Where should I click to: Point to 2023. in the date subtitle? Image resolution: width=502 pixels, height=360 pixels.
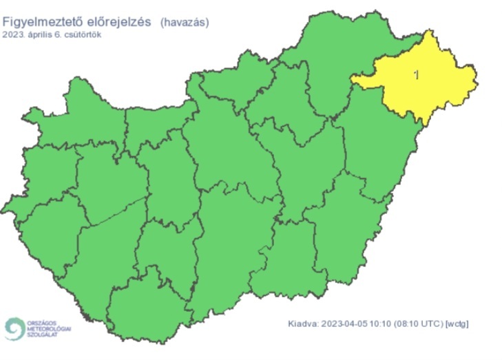pyautogui.click(x=14, y=34)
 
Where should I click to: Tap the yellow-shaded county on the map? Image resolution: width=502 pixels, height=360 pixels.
pyautogui.click(x=434, y=86)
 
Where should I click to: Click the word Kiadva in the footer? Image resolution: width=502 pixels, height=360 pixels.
pyautogui.click(x=302, y=323)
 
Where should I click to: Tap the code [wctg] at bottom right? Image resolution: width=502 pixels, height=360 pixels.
pyautogui.click(x=457, y=323)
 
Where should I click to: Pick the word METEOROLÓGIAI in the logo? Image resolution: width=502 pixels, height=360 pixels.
pyautogui.click(x=49, y=329)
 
